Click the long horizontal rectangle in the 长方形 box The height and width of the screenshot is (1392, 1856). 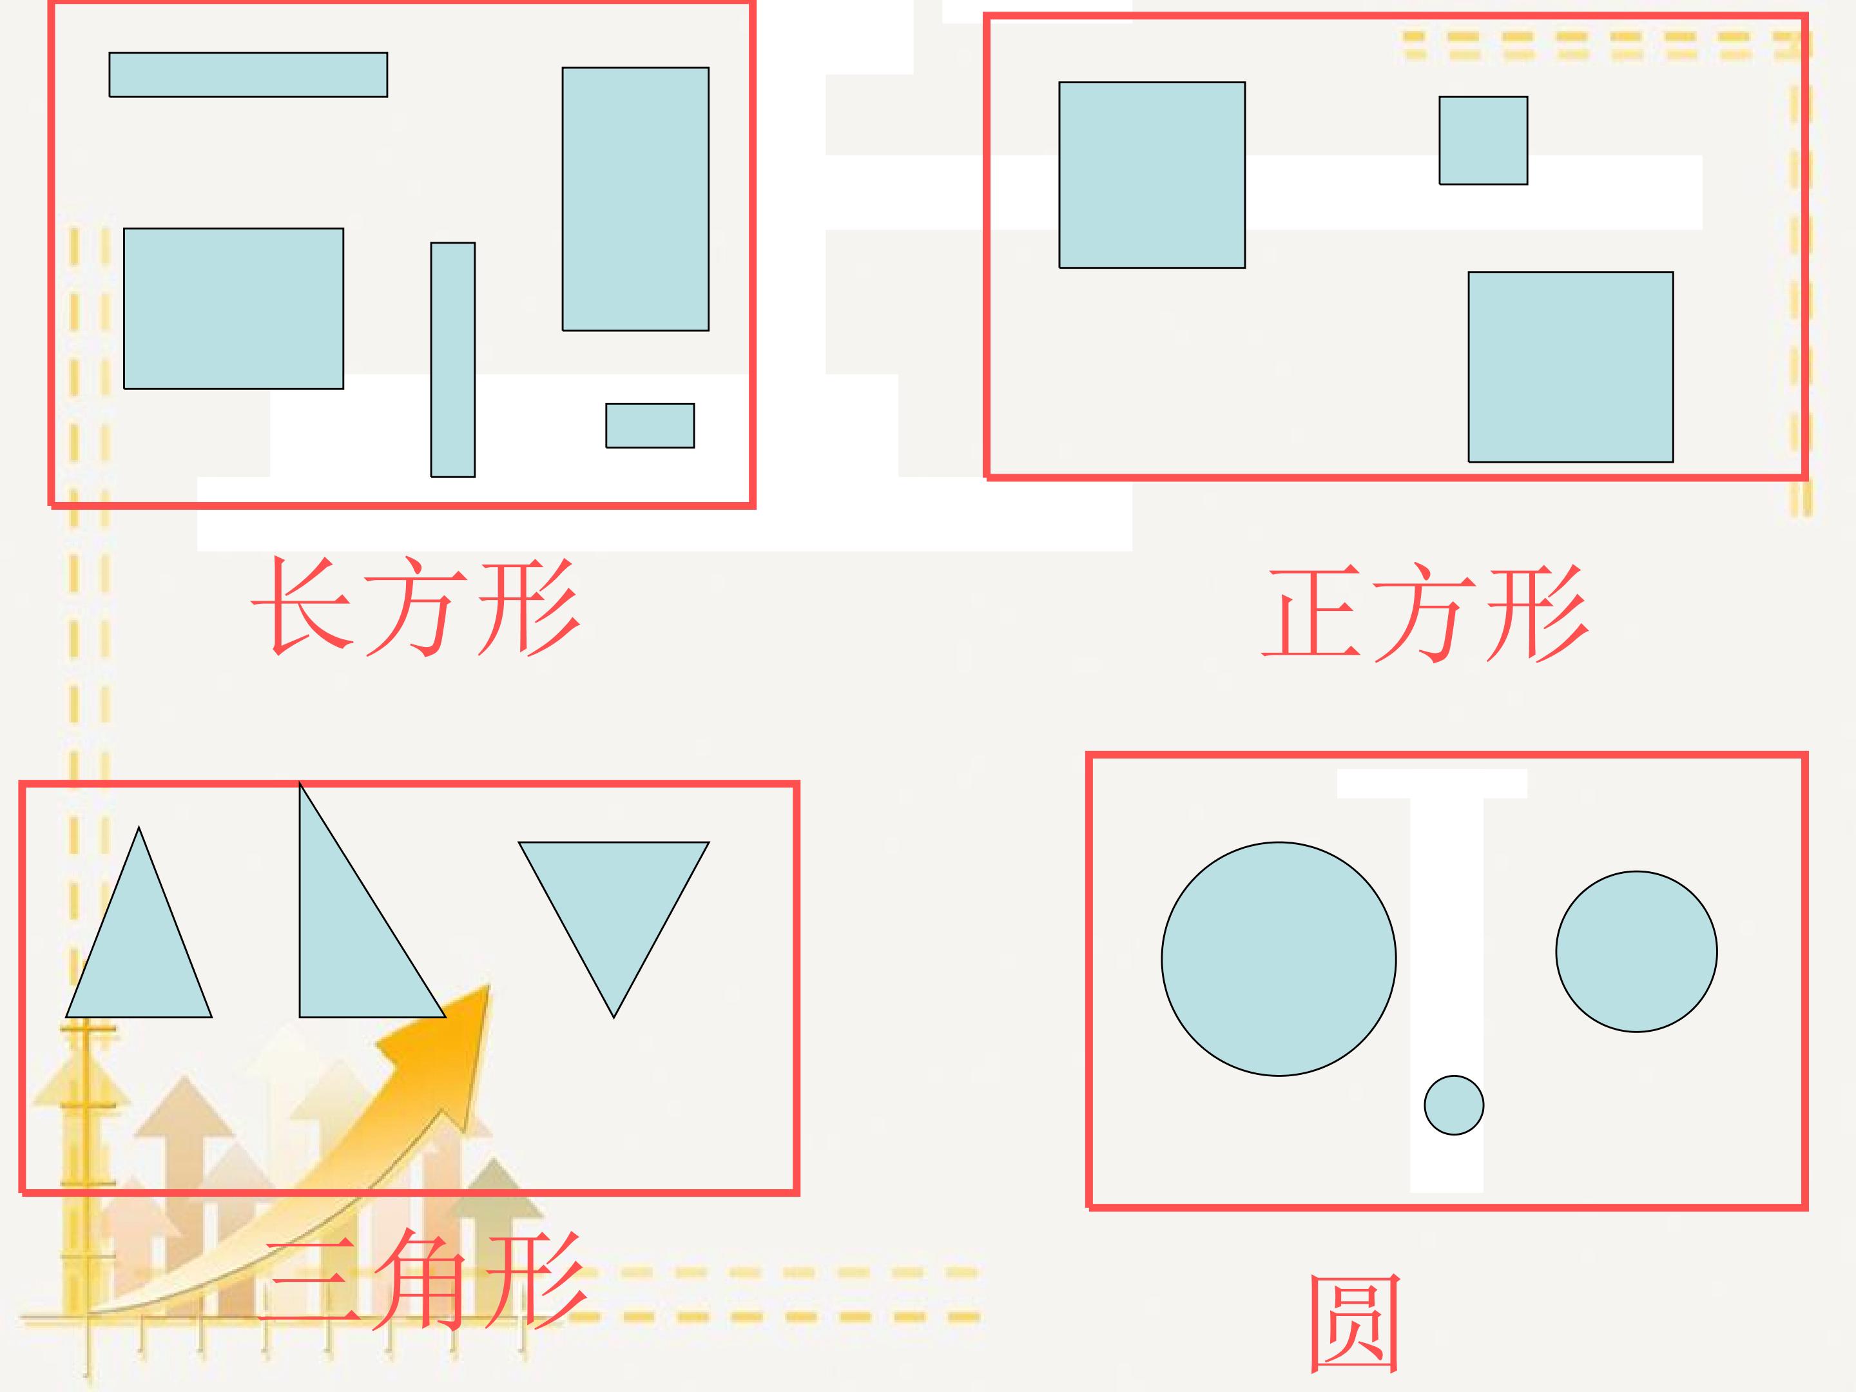248,75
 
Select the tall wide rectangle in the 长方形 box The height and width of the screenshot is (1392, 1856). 635,199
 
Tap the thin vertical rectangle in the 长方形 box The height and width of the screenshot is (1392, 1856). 453,360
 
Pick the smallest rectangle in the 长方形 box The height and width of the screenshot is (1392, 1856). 650,425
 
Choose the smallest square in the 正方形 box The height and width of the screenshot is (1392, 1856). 1484,140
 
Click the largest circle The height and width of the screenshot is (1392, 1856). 1279,959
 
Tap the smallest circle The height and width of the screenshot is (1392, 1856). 1454,1105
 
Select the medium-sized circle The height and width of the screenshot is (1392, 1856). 1636,951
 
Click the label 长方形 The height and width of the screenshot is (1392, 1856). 416,606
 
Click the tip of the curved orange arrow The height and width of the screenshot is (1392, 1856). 488,985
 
